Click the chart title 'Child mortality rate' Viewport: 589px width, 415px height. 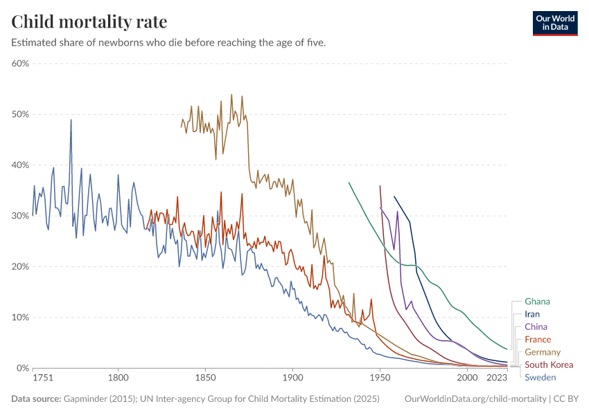coord(89,21)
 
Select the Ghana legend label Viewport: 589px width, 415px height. coord(538,302)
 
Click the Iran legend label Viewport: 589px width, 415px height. coord(532,314)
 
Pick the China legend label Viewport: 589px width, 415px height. coord(536,326)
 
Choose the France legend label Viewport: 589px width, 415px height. coord(538,340)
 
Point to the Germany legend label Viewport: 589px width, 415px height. coord(543,352)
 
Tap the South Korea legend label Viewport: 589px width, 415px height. coord(549,365)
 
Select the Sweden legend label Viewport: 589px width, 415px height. coord(540,377)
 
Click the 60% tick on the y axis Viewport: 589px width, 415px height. coord(19,64)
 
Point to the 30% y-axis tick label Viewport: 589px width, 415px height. coord(19,216)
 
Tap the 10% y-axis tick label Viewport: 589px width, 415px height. coord(19,317)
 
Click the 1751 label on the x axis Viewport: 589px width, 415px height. coord(42,378)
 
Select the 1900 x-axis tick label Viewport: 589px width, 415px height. coord(292,378)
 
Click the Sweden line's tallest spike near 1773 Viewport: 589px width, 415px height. coord(71,120)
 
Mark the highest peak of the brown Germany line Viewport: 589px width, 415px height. coord(231,95)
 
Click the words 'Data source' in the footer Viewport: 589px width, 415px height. coord(35,399)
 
